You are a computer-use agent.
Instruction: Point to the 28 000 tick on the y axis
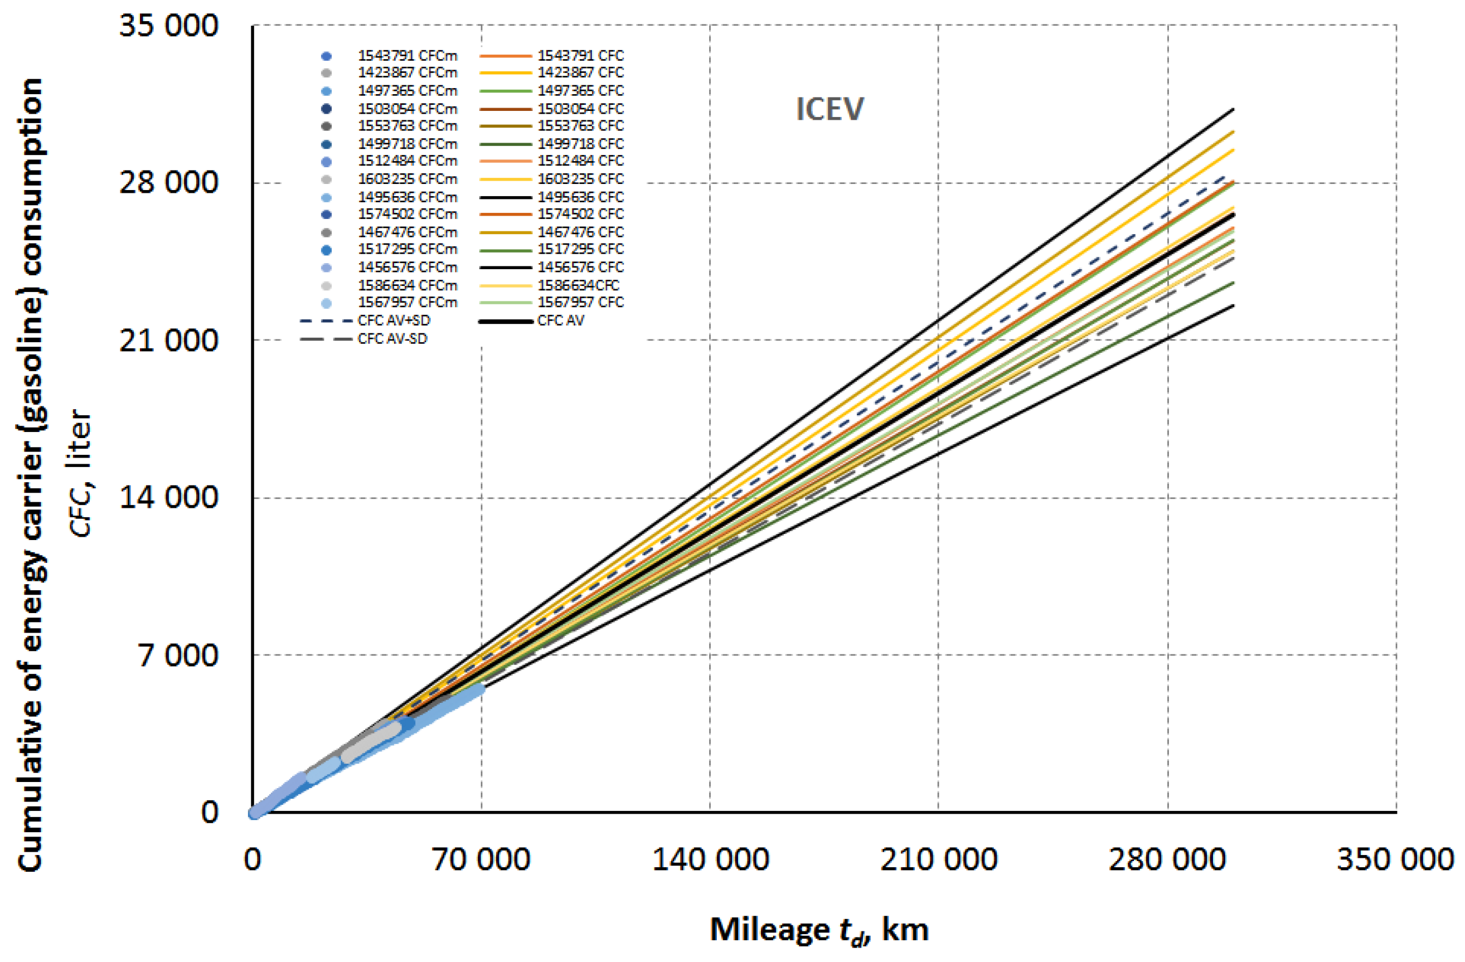(x=168, y=182)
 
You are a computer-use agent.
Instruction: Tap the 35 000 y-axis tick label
(x=168, y=26)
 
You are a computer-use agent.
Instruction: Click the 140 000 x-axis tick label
(x=710, y=859)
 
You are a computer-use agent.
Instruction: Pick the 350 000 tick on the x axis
(x=1395, y=859)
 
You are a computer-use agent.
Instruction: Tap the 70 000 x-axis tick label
(x=481, y=859)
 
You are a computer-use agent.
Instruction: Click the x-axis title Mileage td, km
(x=819, y=929)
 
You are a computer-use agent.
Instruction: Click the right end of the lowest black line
(x=1233, y=305)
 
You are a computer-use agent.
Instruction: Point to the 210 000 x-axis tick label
(x=938, y=859)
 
